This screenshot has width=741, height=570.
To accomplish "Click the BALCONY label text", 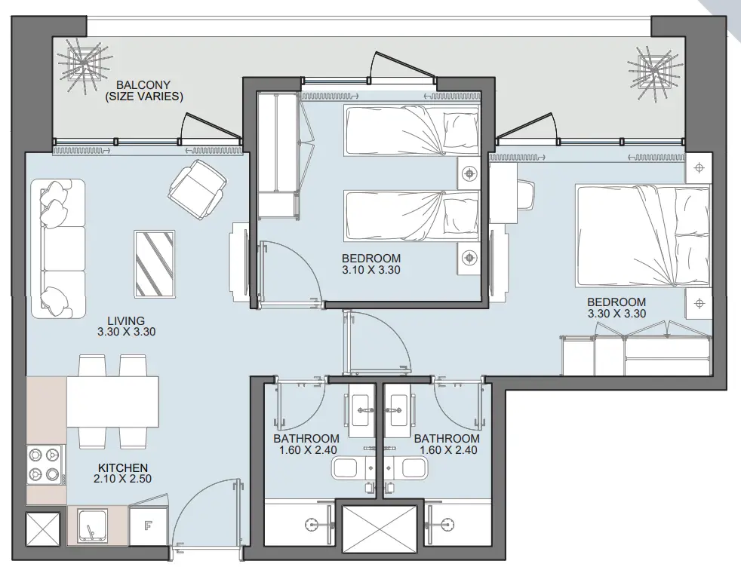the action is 143,85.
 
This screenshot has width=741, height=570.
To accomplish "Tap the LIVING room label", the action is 126,320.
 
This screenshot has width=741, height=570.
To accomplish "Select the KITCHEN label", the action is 123,467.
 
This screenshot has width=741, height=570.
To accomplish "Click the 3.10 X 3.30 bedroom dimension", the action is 371,270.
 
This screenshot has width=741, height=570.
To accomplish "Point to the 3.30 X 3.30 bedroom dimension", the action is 616,314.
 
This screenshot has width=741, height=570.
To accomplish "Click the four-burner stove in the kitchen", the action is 45,464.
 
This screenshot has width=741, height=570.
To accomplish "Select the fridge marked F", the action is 149,526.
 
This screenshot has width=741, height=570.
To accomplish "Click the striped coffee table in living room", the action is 155,264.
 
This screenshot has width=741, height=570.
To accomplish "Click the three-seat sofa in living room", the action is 58,248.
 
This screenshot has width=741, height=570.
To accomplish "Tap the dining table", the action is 112,401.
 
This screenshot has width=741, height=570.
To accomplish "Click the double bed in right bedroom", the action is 643,236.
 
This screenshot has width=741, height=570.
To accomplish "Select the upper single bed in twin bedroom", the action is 411,130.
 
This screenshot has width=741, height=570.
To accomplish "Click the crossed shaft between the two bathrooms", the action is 380,529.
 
